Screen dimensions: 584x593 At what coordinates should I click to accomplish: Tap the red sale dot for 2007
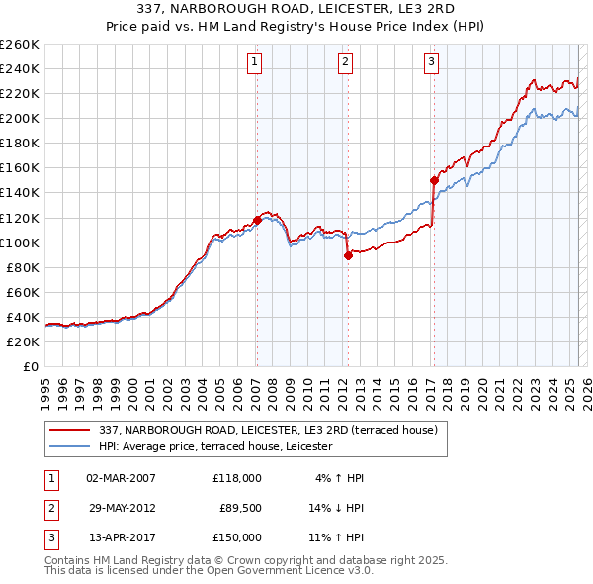tap(257, 220)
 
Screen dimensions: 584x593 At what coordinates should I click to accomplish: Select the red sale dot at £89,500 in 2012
tap(348, 255)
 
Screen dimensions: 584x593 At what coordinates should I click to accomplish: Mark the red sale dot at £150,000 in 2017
tap(433, 180)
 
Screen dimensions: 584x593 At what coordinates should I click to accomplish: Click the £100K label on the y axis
tap(20, 243)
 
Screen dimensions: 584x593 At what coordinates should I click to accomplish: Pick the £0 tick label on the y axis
tap(30, 366)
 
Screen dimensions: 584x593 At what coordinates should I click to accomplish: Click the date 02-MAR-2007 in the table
tap(122, 478)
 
